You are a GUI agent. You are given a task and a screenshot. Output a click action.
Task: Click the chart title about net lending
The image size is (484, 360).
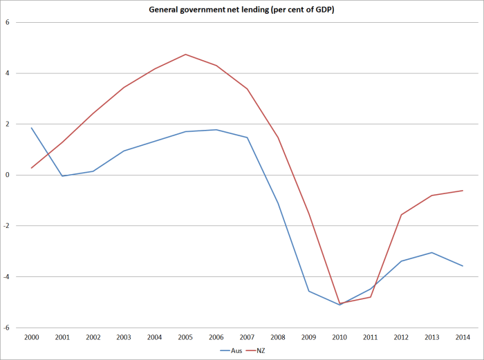(x=241, y=9)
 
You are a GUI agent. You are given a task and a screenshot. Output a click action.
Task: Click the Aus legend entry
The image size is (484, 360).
(x=230, y=351)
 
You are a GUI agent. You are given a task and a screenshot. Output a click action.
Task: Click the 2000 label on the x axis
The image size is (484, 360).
(x=32, y=337)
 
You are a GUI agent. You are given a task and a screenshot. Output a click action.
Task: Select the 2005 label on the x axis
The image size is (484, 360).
(x=186, y=337)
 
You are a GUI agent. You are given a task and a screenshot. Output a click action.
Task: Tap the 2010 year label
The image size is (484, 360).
(x=339, y=337)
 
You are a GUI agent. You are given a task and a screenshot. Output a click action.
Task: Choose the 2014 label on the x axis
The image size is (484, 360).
(x=463, y=337)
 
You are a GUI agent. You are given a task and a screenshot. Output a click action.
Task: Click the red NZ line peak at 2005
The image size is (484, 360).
(x=186, y=54)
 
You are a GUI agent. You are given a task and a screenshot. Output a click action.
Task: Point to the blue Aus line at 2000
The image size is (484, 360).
(x=32, y=128)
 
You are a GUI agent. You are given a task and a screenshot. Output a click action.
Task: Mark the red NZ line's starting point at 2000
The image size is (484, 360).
(x=32, y=168)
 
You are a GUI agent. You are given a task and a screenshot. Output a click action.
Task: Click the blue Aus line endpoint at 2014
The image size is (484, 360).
(x=463, y=266)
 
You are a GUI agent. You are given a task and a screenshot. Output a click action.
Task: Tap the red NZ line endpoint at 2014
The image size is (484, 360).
(x=463, y=191)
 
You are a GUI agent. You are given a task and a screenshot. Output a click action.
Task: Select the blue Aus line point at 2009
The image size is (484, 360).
(x=309, y=291)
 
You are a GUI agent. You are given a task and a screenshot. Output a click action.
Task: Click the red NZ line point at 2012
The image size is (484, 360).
(x=401, y=214)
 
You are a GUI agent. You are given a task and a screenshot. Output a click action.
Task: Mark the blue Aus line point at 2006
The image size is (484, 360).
(x=216, y=129)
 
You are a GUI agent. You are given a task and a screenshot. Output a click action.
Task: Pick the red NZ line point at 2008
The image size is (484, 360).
(x=278, y=137)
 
